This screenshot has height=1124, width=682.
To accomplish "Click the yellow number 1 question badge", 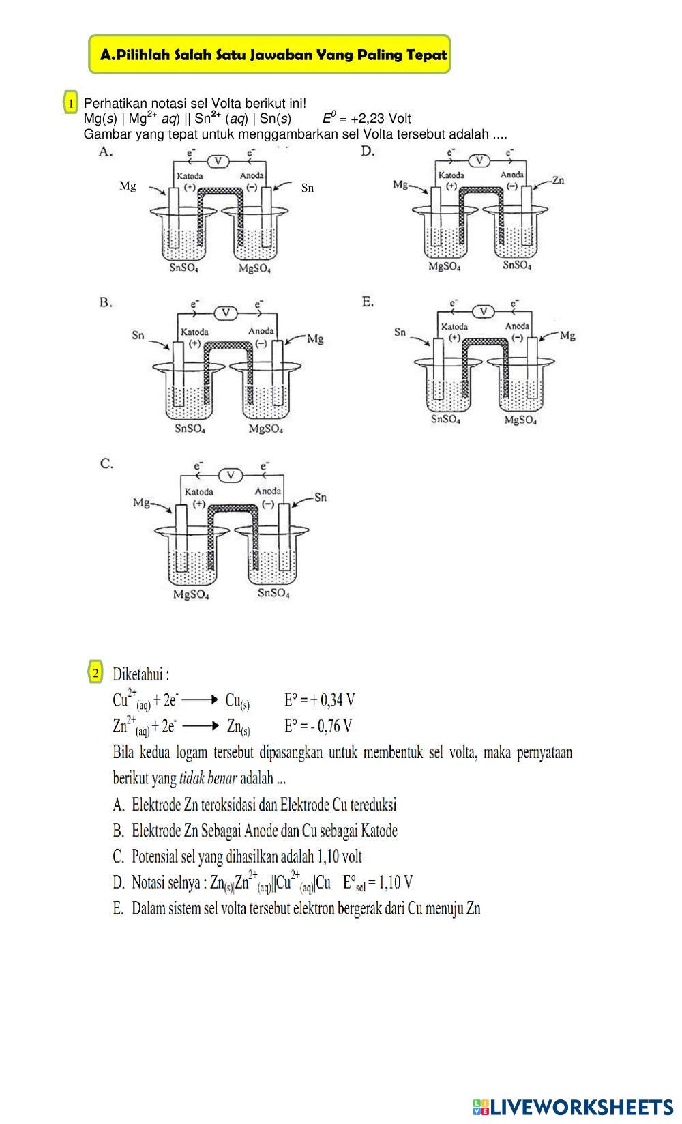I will pyautogui.click(x=70, y=104).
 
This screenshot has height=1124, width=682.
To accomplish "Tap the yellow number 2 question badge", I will pyautogui.click(x=95, y=673).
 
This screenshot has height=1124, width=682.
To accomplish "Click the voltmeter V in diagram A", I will pyautogui.click(x=218, y=161).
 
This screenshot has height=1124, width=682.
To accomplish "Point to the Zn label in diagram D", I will pyautogui.click(x=558, y=180).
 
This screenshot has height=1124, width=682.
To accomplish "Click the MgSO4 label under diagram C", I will pyautogui.click(x=191, y=594).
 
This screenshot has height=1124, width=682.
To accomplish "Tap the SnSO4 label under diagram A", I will pyautogui.click(x=184, y=268).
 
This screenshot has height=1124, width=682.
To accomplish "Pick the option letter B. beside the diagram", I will pyautogui.click(x=106, y=302).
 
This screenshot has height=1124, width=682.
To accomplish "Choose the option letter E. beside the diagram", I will pyautogui.click(x=368, y=302).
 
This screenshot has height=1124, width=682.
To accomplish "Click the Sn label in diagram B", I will pyautogui.click(x=138, y=335).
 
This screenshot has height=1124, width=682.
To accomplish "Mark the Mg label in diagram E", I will pyautogui.click(x=567, y=335).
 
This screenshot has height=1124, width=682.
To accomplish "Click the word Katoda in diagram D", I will pyautogui.click(x=451, y=175).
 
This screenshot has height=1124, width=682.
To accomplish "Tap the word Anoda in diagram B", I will pyautogui.click(x=261, y=331).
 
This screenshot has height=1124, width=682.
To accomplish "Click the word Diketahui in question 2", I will pyautogui.click(x=140, y=675).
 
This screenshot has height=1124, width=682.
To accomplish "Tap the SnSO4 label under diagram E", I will pyautogui.click(x=445, y=419).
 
